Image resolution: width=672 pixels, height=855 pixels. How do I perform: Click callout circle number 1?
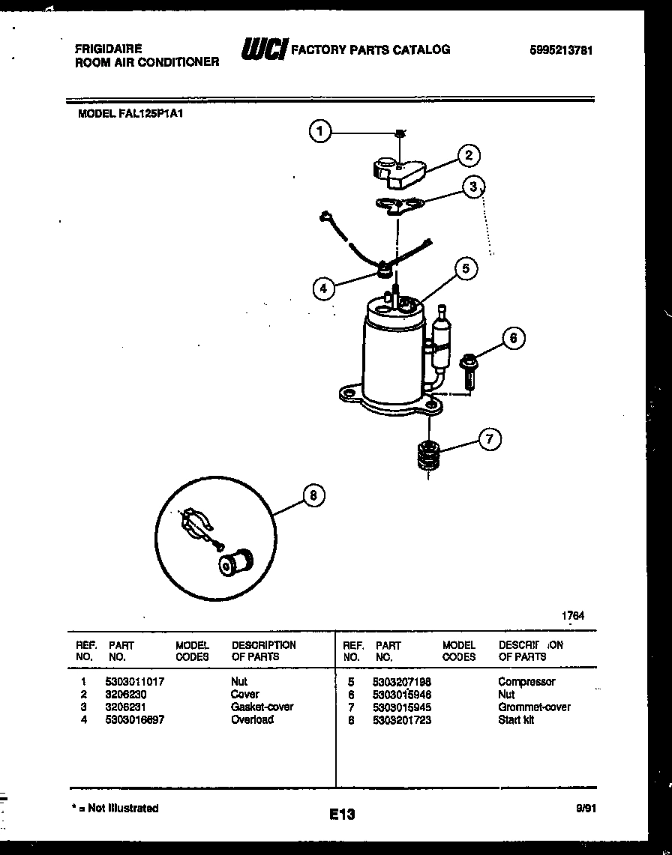tap(320, 133)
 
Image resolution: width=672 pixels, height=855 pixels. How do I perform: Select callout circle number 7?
tap(489, 439)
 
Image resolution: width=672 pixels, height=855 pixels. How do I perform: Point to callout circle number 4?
tap(323, 288)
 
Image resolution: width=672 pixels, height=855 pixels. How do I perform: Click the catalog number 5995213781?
tap(561, 51)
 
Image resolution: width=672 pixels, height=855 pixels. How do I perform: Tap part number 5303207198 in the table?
tap(401, 682)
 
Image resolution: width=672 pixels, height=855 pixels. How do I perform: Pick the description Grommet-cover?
tap(534, 707)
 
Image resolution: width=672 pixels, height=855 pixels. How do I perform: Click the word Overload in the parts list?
tap(252, 719)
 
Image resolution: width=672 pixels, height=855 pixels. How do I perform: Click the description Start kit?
tap(516, 719)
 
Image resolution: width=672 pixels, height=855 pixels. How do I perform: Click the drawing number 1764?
tap(573, 616)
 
